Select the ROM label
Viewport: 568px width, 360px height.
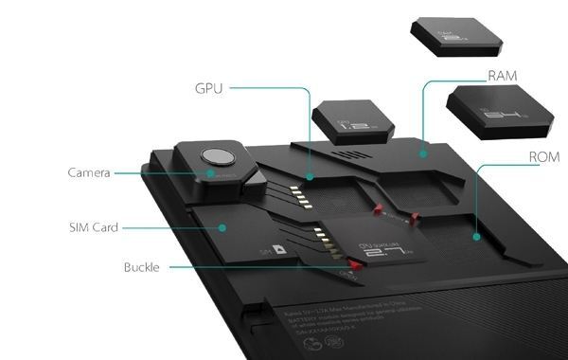(x=542, y=155)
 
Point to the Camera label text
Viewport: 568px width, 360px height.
(x=89, y=173)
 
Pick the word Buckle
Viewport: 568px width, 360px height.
(x=143, y=268)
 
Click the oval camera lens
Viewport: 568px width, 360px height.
(x=218, y=157)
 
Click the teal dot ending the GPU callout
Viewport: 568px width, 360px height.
(x=310, y=176)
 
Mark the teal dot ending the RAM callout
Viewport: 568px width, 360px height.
(x=423, y=152)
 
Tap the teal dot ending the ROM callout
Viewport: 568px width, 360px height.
(x=475, y=236)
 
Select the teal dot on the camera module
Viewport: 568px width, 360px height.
(x=208, y=173)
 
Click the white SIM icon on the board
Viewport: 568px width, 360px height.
(x=280, y=248)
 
